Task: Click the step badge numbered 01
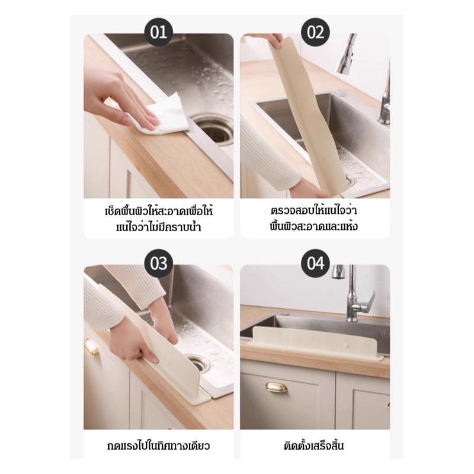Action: tap(159, 32)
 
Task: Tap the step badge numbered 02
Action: tap(315, 32)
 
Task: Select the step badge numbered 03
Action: tap(159, 263)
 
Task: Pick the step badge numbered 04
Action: tap(315, 263)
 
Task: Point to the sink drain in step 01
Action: tap(214, 130)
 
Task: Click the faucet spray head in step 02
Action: tap(345, 53)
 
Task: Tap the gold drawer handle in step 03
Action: tap(92, 348)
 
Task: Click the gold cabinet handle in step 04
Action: tap(276, 387)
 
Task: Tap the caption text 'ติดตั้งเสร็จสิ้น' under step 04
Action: tap(314, 446)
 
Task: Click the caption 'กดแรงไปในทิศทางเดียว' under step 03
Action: tap(158, 446)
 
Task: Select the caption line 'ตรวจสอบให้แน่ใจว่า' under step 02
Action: tap(314, 210)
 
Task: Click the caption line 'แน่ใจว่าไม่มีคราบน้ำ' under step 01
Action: tap(158, 227)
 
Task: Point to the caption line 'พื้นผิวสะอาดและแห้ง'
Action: tap(314, 226)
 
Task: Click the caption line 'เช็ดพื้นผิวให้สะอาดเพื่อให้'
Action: tap(159, 210)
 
